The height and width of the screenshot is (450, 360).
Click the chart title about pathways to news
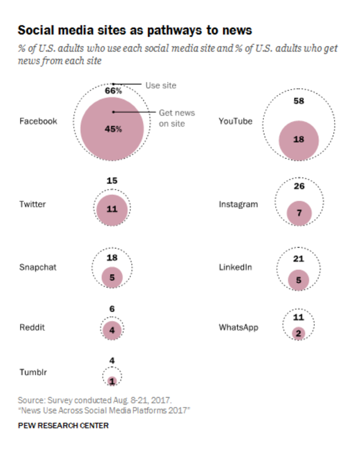[135, 30]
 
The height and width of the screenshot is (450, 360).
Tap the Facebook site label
[38, 121]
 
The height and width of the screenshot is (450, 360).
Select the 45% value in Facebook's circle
[113, 129]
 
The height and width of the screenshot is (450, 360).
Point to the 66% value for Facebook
[113, 91]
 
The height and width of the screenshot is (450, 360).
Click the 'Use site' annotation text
[160, 85]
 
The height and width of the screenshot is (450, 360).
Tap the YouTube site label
[236, 121]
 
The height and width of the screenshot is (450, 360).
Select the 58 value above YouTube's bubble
[298, 101]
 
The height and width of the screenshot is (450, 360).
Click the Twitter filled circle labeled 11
[112, 209]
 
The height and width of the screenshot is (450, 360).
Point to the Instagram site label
[238, 204]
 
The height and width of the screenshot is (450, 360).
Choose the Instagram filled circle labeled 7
[298, 212]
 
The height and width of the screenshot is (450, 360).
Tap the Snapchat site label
[38, 267]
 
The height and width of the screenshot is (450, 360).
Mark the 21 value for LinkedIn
[298, 258]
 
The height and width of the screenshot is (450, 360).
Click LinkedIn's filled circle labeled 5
[298, 280]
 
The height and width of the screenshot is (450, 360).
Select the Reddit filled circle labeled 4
[112, 331]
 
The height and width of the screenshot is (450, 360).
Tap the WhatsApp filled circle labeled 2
[298, 333]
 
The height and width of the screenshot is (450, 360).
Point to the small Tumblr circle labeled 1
[113, 381]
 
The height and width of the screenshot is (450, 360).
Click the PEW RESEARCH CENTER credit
[63, 426]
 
